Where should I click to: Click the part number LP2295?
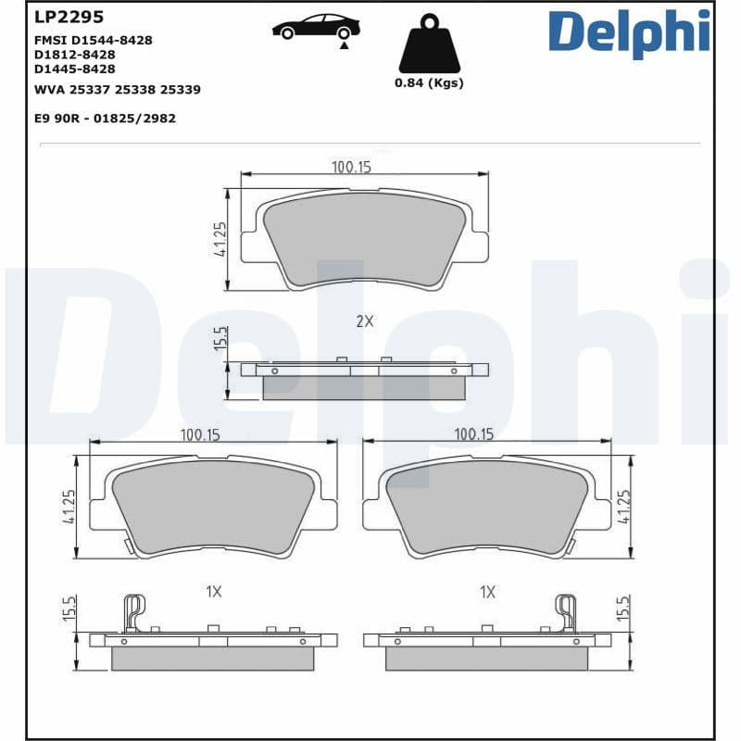pyautogui.click(x=69, y=18)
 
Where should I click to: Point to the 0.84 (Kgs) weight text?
pyautogui.click(x=429, y=83)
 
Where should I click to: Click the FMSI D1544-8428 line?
pyautogui.click(x=93, y=40)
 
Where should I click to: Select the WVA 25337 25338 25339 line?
pyautogui.click(x=117, y=90)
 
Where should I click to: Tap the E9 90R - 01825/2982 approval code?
pyautogui.click(x=105, y=119)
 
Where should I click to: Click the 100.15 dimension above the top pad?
pyautogui.click(x=351, y=167)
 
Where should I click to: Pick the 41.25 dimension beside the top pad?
pyautogui.click(x=220, y=239)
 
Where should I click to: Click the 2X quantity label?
pyautogui.click(x=365, y=321)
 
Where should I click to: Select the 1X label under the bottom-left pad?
pyautogui.click(x=213, y=591)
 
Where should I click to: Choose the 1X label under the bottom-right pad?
pyautogui.click(x=487, y=591)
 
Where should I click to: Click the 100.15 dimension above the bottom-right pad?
pyautogui.click(x=473, y=433)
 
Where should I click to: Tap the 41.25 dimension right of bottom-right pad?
pyautogui.click(x=623, y=507)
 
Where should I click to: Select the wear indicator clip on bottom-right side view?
pyautogui.click(x=565, y=612)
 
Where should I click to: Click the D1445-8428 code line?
pyautogui.click(x=75, y=69)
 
